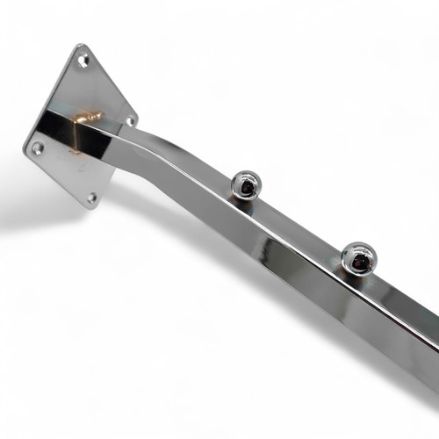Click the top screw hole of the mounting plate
coord(83,61)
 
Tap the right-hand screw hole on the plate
coord(130,120)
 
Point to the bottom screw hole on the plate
coord(91,198)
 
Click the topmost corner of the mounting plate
coord(82,45)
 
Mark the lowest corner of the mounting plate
coord(95,211)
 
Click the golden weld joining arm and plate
coord(85,119)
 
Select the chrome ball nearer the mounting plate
coord(246,185)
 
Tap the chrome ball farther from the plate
coord(358,256)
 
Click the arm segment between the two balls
coord(303,233)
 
